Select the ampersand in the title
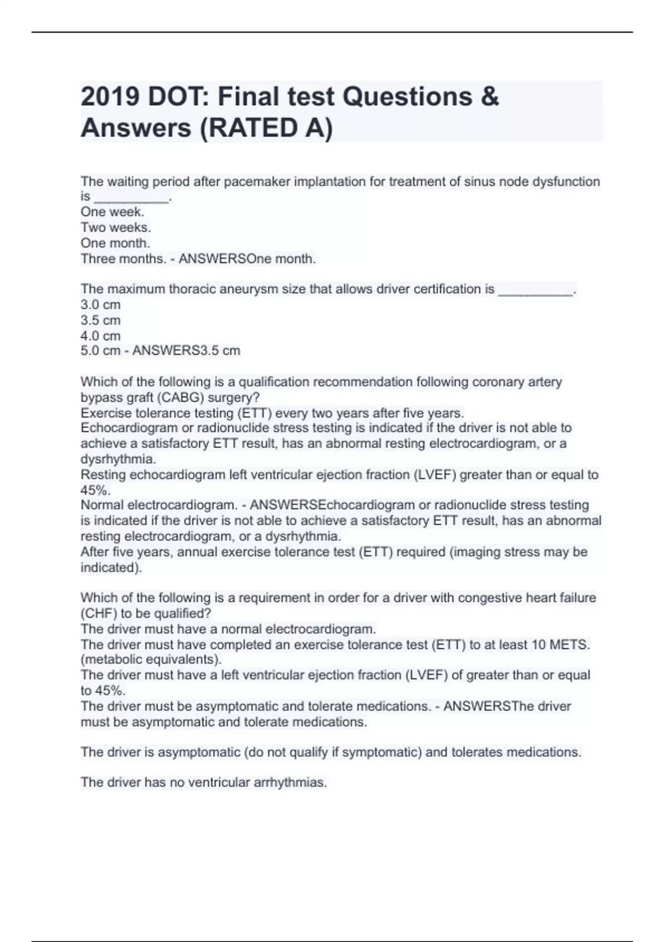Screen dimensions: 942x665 pyautogui.click(x=489, y=97)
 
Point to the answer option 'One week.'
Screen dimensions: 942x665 pyautogui.click(x=112, y=212)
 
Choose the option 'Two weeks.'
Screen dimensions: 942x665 pyautogui.click(x=115, y=228)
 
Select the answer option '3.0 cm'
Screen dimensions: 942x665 pyautogui.click(x=100, y=305)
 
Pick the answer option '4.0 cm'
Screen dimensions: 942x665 pyautogui.click(x=100, y=336)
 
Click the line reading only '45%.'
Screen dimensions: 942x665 pyautogui.click(x=95, y=490)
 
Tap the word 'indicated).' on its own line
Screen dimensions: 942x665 pyautogui.click(x=111, y=568)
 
